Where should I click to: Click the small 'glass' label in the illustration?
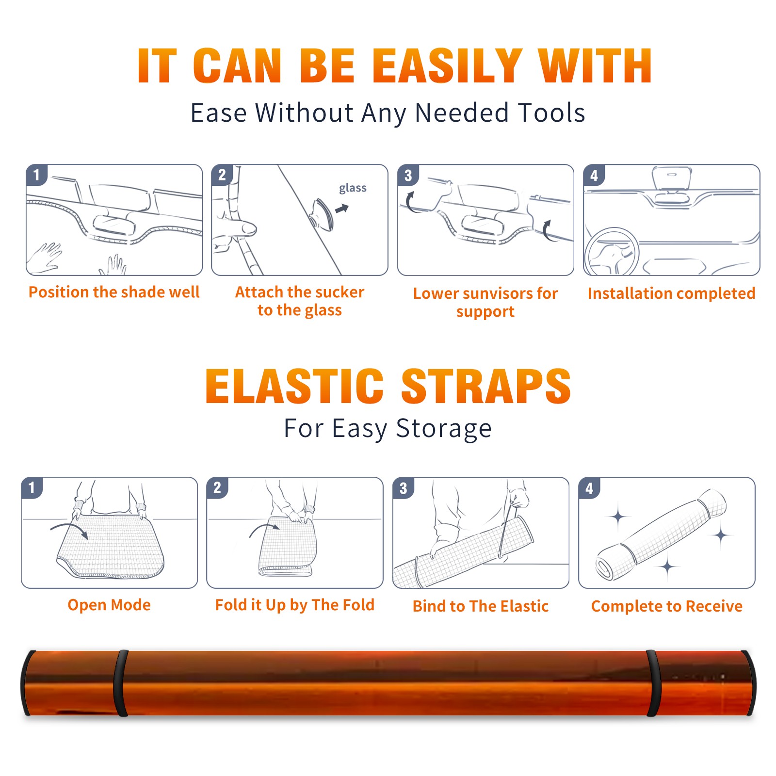[353, 188]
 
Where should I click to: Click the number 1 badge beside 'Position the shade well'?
[37, 175]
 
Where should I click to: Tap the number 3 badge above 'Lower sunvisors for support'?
[408, 175]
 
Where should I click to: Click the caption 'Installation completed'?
[671, 293]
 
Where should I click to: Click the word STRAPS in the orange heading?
[486, 386]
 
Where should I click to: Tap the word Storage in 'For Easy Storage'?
[444, 429]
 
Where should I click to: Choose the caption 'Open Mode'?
[109, 605]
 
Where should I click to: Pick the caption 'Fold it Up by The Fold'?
[295, 605]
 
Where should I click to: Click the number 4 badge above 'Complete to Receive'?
[589, 488]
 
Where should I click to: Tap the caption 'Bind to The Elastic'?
[481, 606]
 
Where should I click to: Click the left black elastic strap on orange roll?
[121, 683]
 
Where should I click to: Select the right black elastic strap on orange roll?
[652, 683]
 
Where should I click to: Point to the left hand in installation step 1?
[45, 258]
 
